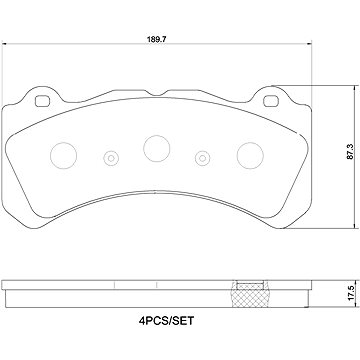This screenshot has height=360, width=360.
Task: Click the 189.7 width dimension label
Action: pos(157,39)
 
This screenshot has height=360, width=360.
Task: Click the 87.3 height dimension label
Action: pos(350,152)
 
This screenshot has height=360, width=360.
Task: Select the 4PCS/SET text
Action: pos(166,321)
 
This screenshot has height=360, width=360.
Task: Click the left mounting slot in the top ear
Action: pos(42,101)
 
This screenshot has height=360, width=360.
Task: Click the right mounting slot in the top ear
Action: pos(271,101)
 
